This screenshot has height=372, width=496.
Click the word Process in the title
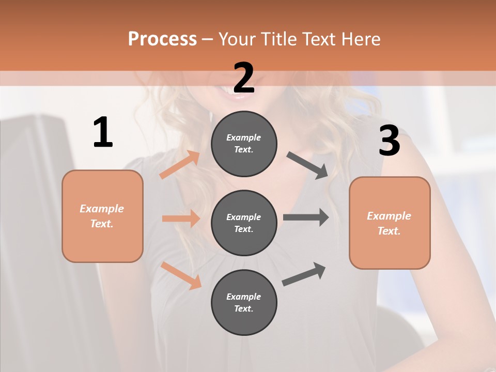162,39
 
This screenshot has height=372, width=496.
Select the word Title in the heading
277,39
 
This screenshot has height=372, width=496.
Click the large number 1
103,132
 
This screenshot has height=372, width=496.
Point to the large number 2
244,78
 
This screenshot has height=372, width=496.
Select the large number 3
389,141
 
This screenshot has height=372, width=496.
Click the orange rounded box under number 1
102,216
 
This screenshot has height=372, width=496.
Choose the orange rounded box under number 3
390,223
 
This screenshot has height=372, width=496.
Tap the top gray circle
244,144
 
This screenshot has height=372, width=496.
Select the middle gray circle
244,223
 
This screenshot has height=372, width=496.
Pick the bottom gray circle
244,303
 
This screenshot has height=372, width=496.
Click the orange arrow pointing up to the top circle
180,165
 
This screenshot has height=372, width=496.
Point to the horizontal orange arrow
181,219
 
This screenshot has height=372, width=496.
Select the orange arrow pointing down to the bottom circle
181,275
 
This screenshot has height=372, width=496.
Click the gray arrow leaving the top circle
307,165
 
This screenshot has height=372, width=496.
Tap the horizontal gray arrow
306,217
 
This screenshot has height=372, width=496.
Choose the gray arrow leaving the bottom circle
304,274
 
